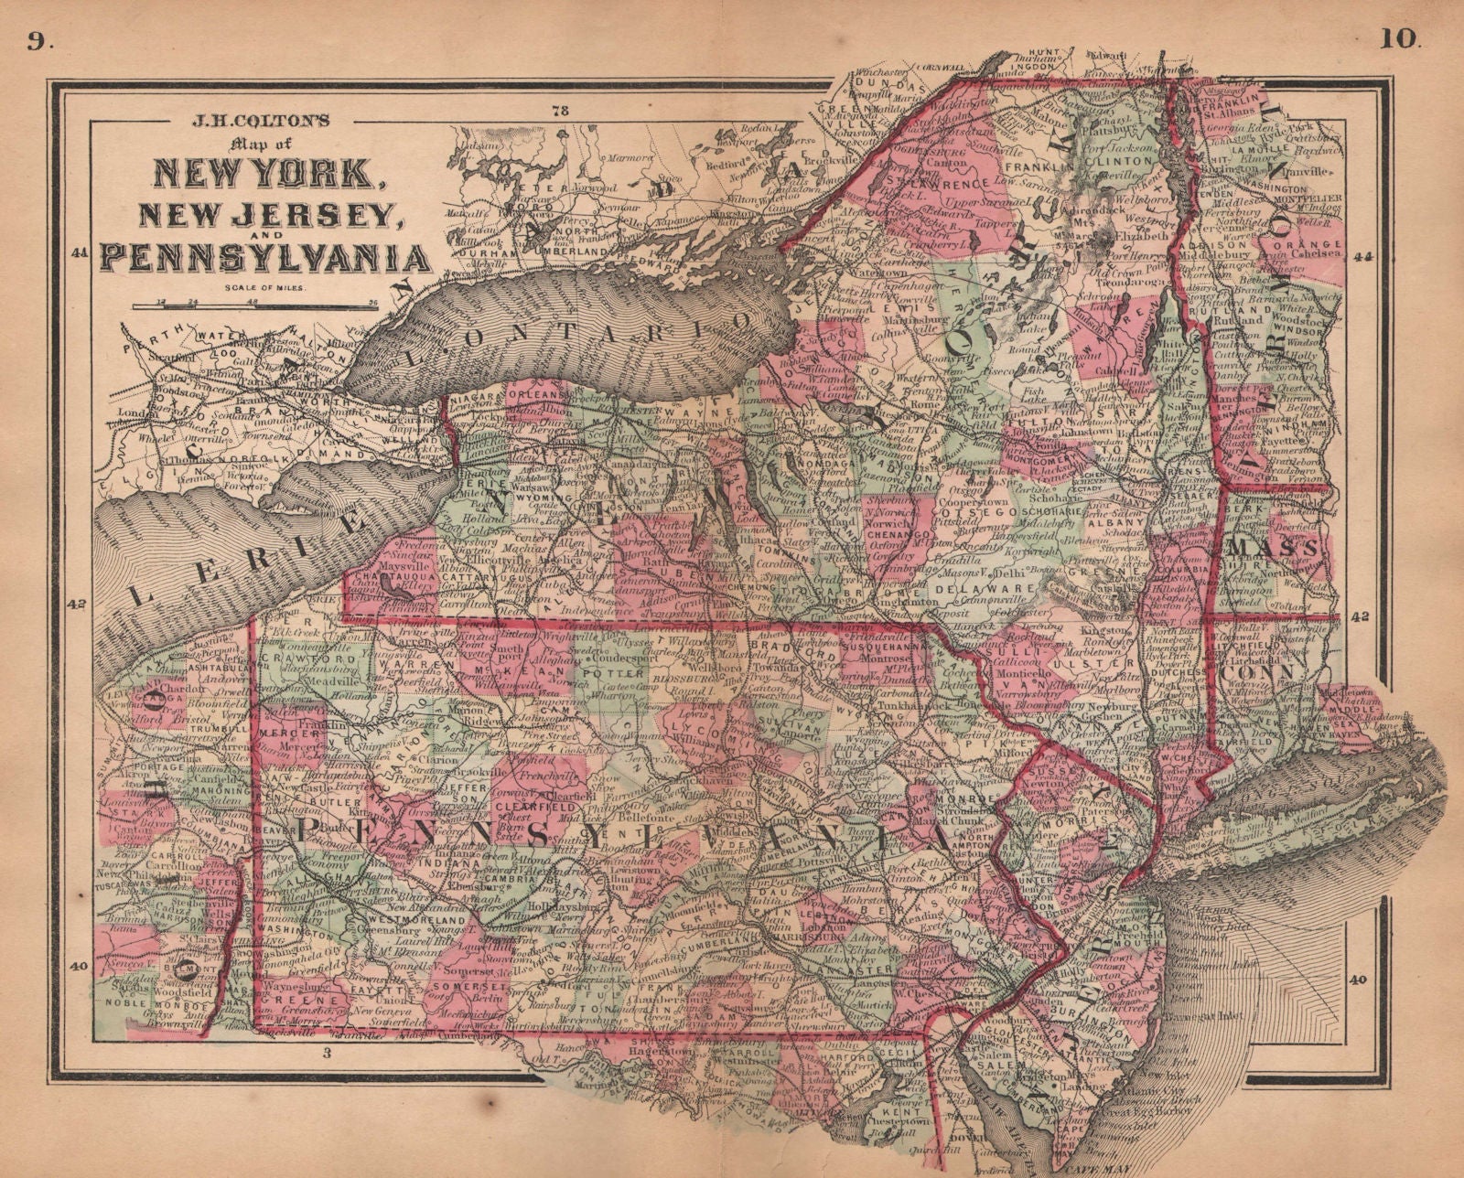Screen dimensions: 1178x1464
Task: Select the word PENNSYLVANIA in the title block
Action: pyautogui.click(x=265, y=258)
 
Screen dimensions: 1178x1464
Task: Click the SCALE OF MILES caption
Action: pyautogui.click(x=265, y=288)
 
